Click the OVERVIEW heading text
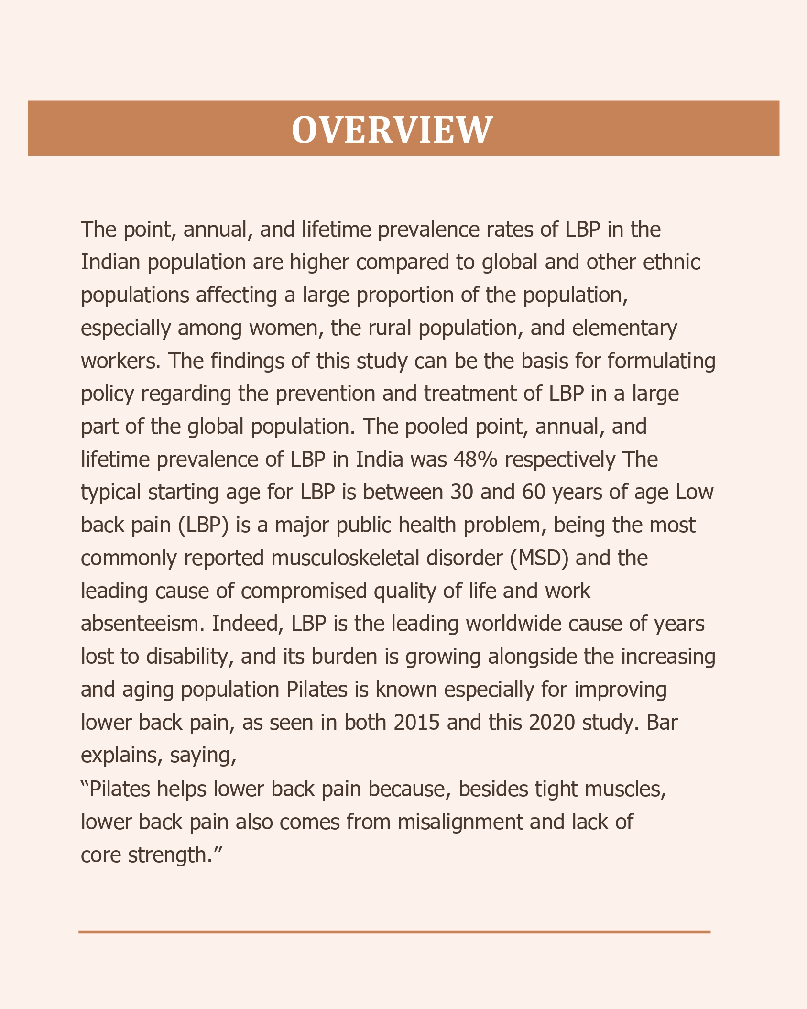point(392,129)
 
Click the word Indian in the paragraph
point(110,262)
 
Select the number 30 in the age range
point(462,492)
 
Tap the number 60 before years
point(534,492)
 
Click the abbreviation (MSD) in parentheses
point(539,558)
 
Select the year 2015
point(416,722)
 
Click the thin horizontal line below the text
point(394,932)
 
